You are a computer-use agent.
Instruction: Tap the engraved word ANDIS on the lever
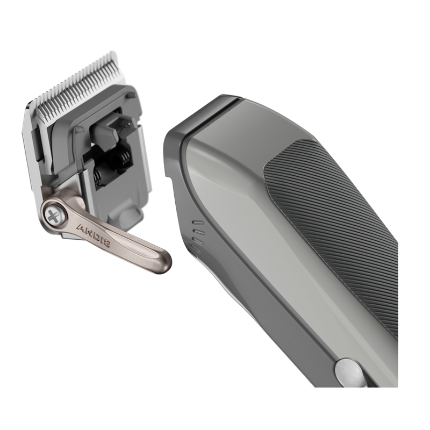pos(94,235)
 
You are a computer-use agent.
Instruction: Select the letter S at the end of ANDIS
pos(107,243)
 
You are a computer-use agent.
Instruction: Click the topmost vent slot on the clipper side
pos(198,223)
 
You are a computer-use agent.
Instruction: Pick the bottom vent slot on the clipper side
pos(196,249)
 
